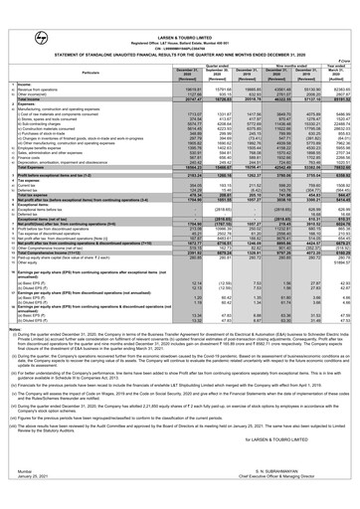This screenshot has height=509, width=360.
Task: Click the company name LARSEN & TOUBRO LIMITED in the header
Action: tap(180, 6)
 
